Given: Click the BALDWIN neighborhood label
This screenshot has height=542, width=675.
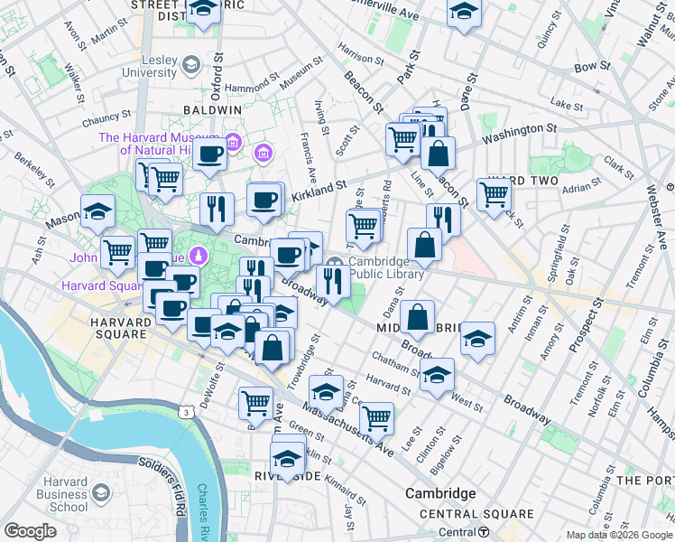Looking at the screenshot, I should point(211,109).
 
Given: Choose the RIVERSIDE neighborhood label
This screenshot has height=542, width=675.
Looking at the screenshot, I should point(288,476).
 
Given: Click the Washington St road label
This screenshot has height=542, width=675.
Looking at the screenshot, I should point(518,135).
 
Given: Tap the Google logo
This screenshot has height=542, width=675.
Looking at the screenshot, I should point(31,531).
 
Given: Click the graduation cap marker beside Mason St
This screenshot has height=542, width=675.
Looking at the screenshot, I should point(97,212).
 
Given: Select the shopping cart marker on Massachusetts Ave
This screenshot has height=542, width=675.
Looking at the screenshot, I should point(376,417).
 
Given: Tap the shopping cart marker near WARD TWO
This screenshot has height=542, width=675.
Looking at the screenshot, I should point(495,193).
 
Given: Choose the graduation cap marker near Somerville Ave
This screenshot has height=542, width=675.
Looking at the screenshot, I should point(464,13).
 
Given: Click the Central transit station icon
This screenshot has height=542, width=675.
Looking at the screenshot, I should point(485,532).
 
